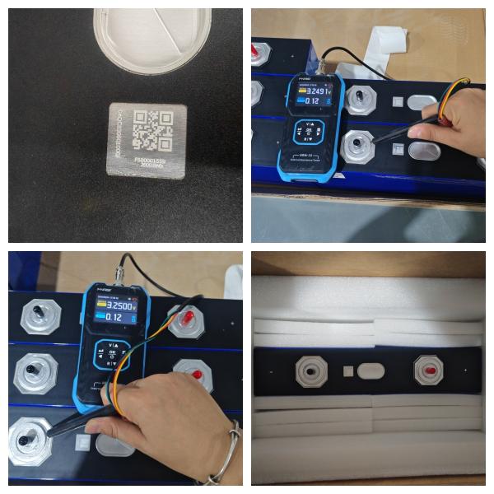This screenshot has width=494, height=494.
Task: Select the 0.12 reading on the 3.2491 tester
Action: [312, 101]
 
